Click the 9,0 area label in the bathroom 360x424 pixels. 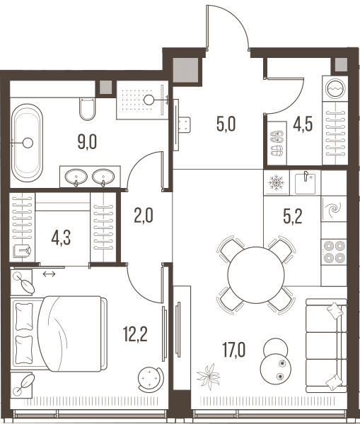87,142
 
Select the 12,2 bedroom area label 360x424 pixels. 135,334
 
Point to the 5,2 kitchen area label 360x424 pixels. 293,216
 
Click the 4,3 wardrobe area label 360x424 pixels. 61,238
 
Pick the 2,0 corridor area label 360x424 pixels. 144,216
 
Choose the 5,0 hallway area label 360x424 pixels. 226,124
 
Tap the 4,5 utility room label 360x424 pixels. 303,124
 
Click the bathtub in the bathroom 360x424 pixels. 27,143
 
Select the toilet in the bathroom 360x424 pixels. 87,109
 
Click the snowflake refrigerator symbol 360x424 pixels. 277,182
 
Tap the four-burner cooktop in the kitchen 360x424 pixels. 334,252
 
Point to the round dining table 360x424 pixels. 256,275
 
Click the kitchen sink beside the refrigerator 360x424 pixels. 305,182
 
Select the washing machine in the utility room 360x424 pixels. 335,89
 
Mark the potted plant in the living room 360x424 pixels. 208,377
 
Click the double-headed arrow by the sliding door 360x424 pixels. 50,274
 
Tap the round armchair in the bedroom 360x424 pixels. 151,379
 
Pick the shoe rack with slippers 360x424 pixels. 277,143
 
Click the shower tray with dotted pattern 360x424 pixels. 142,100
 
